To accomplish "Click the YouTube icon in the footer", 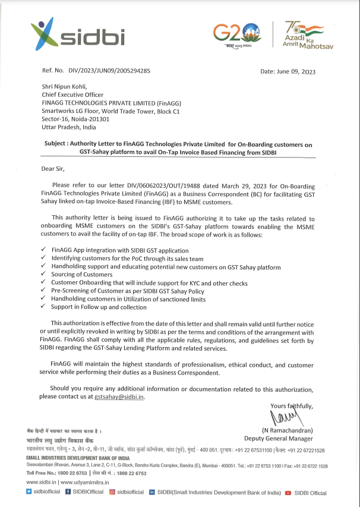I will click(x=288, y=493).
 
